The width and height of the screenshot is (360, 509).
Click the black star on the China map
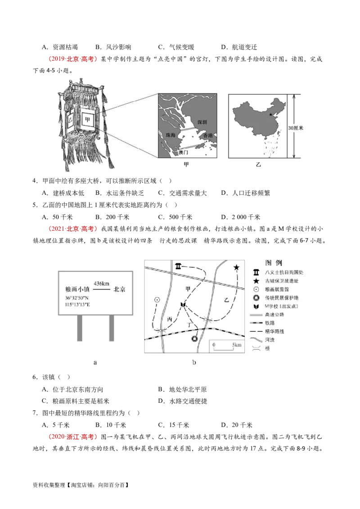tap(270, 115)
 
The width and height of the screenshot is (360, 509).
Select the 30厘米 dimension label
tap(296, 128)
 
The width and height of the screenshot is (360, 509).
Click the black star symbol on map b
tap(237, 268)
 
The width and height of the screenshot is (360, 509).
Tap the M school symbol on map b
tap(183, 305)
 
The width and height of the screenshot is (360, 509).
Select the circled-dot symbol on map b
tap(157, 299)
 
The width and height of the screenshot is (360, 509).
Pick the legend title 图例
tap(274, 262)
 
